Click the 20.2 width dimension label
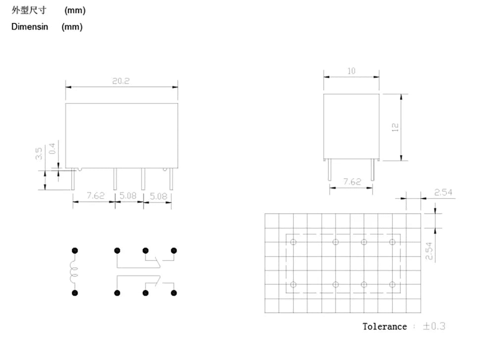click(121, 81)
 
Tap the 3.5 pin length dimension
click(39, 154)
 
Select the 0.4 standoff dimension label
click(52, 149)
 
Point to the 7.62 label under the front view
click(96, 196)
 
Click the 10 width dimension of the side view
click(351, 71)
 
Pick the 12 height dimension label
click(395, 127)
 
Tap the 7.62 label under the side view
click(352, 182)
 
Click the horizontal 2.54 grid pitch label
click(443, 192)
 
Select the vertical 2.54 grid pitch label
click(429, 251)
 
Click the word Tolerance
click(385, 326)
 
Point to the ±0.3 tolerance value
click(434, 326)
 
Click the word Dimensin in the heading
click(30, 27)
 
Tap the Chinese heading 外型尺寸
click(29, 10)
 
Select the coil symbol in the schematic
click(74, 272)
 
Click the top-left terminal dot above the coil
click(75, 251)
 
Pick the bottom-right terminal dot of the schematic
click(174, 293)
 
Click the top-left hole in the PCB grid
click(293, 242)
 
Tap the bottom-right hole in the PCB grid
click(393, 285)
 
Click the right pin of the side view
click(373, 169)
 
